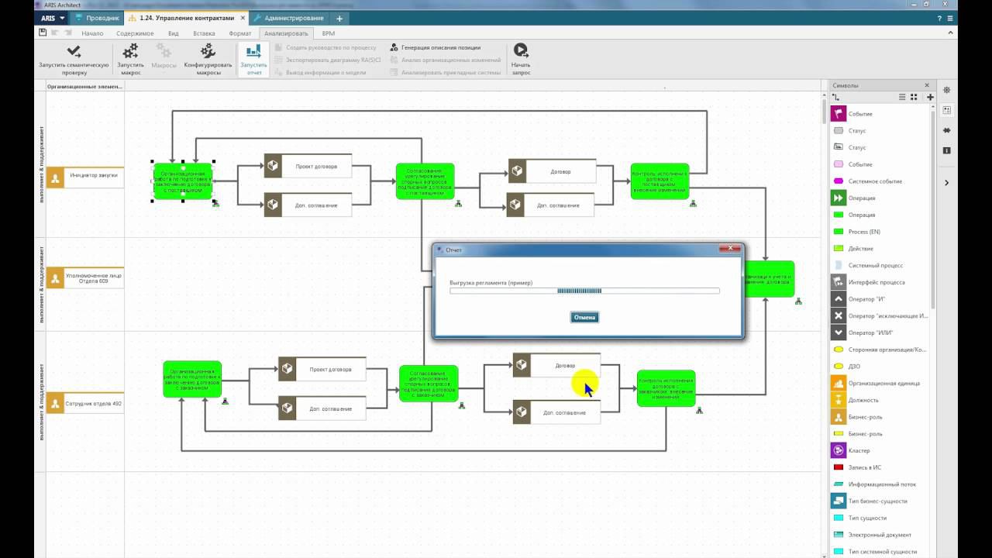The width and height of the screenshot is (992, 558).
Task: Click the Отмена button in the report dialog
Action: coord(584,317)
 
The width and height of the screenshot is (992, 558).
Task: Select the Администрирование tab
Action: coord(291,18)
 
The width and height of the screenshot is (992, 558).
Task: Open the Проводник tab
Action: coord(99,18)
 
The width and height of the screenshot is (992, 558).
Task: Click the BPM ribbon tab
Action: coord(328,33)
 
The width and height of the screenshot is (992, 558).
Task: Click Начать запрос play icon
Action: coord(521,50)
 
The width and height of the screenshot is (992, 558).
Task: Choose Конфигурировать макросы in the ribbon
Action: coord(208,59)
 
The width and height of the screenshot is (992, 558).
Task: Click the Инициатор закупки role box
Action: coord(85,177)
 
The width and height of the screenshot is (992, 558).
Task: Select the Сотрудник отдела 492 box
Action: coord(85,403)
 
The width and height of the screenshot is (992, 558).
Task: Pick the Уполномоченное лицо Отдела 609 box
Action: coord(85,277)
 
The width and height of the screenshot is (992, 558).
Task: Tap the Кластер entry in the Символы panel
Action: coord(859,450)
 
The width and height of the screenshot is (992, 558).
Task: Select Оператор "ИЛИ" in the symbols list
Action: coord(870,332)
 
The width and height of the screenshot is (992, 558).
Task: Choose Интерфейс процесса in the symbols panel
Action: coord(876,282)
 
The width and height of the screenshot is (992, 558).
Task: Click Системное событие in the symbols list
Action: coord(875,181)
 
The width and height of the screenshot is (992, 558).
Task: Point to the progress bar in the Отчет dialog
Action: coord(584,291)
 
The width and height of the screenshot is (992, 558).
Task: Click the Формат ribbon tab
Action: coord(239,33)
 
